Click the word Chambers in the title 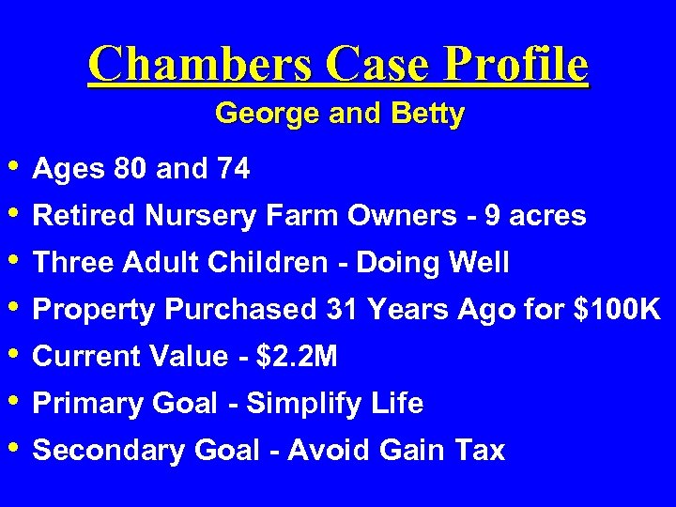pyautogui.click(x=199, y=65)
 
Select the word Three pyautogui.click(x=66, y=263)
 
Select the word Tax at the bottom pyautogui.click(x=480, y=451)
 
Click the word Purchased pyautogui.click(x=247, y=310)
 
